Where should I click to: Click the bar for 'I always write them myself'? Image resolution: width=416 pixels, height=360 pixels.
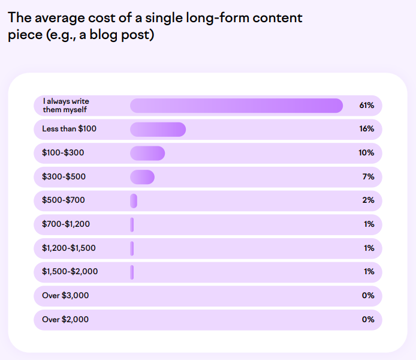click(x=236, y=106)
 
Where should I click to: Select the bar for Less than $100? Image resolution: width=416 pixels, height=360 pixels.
click(x=158, y=129)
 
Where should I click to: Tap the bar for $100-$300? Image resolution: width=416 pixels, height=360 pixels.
click(x=147, y=153)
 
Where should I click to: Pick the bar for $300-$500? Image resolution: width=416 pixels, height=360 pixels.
click(x=142, y=177)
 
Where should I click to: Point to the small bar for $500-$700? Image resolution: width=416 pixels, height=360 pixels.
click(x=134, y=200)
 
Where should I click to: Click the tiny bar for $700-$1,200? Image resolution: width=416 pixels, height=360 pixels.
click(x=132, y=224)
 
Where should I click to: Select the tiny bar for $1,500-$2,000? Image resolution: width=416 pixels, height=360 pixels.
click(x=132, y=272)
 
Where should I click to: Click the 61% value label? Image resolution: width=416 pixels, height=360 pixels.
click(x=366, y=106)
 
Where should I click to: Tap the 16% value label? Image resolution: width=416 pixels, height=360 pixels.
click(x=366, y=129)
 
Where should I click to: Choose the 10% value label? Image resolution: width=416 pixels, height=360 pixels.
click(x=366, y=153)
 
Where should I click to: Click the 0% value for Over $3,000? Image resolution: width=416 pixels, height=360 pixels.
click(x=367, y=296)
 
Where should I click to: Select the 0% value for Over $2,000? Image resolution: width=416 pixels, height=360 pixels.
click(x=367, y=319)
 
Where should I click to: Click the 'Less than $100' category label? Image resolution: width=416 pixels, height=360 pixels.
click(x=69, y=129)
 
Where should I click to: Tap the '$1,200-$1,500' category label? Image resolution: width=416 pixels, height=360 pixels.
click(x=69, y=248)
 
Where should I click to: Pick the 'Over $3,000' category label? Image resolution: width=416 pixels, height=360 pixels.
click(x=65, y=296)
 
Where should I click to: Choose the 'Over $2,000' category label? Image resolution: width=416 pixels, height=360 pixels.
click(x=65, y=319)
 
